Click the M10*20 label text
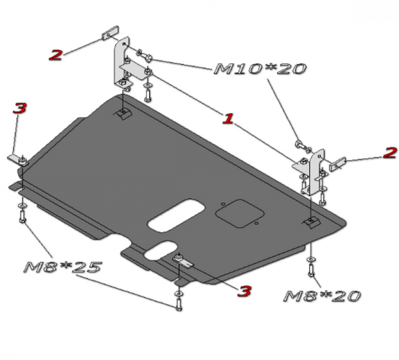point(260,69)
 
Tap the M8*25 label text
point(63,267)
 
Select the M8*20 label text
point(322,296)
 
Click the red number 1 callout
point(228,119)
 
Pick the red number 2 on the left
point(56,54)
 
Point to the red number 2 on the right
point(390,153)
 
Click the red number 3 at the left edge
point(19,108)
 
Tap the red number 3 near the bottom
point(244,291)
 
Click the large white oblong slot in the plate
point(176,215)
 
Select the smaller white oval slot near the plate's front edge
point(161,251)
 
